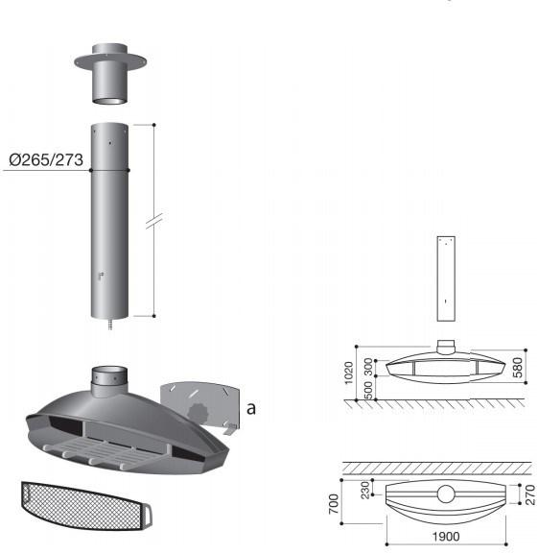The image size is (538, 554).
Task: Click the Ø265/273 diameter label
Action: coord(46,160)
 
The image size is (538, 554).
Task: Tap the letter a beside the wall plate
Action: coord(251,408)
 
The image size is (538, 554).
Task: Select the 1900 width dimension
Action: coord(446,537)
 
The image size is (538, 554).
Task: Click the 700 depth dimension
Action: coord(334,504)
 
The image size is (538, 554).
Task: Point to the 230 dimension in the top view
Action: coord(365,490)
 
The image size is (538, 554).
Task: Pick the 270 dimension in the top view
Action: coord(530,494)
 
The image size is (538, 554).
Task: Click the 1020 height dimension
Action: coord(348,373)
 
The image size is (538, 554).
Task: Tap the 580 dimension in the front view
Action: coord(517,368)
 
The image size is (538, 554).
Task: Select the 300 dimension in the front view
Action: coord(368,367)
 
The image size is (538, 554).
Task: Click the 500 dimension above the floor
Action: coord(368,390)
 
